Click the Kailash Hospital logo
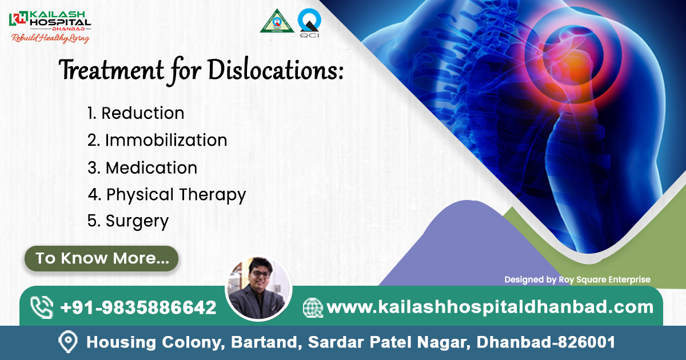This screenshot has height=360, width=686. [49, 19]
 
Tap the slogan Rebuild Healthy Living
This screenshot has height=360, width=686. [50, 39]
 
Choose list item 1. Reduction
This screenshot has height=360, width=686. [135, 113]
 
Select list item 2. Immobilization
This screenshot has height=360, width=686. [157, 140]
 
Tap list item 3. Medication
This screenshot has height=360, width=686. [142, 167]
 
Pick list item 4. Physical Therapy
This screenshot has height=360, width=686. [167, 195]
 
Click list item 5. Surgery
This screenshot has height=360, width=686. [128, 221]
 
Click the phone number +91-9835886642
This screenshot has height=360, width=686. [138, 307]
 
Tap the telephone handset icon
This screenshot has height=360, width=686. [42, 307]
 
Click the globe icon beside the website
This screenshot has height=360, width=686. [313, 307]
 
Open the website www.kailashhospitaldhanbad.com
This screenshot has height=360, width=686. [489, 307]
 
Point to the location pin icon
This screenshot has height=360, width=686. [68, 342]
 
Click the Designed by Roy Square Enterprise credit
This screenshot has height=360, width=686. [577, 279]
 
